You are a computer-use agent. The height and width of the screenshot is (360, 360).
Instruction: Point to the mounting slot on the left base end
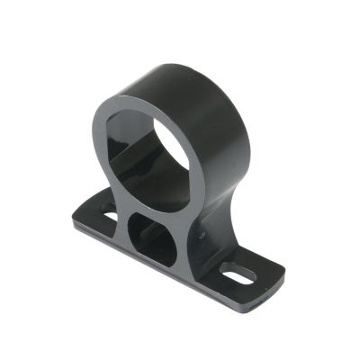point(106,217)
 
